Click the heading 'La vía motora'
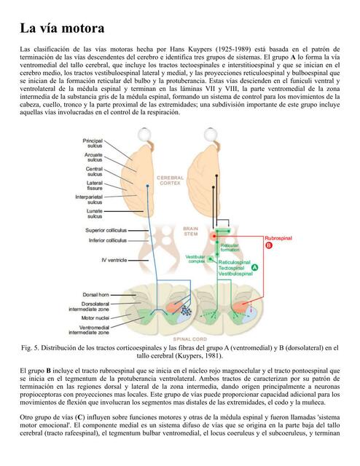click(62, 29)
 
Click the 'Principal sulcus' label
click(93, 143)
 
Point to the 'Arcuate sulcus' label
click(93, 157)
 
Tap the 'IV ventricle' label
click(114, 259)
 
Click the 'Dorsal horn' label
click(96, 294)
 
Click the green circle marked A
click(254, 267)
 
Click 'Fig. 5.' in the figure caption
click(34, 347)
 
